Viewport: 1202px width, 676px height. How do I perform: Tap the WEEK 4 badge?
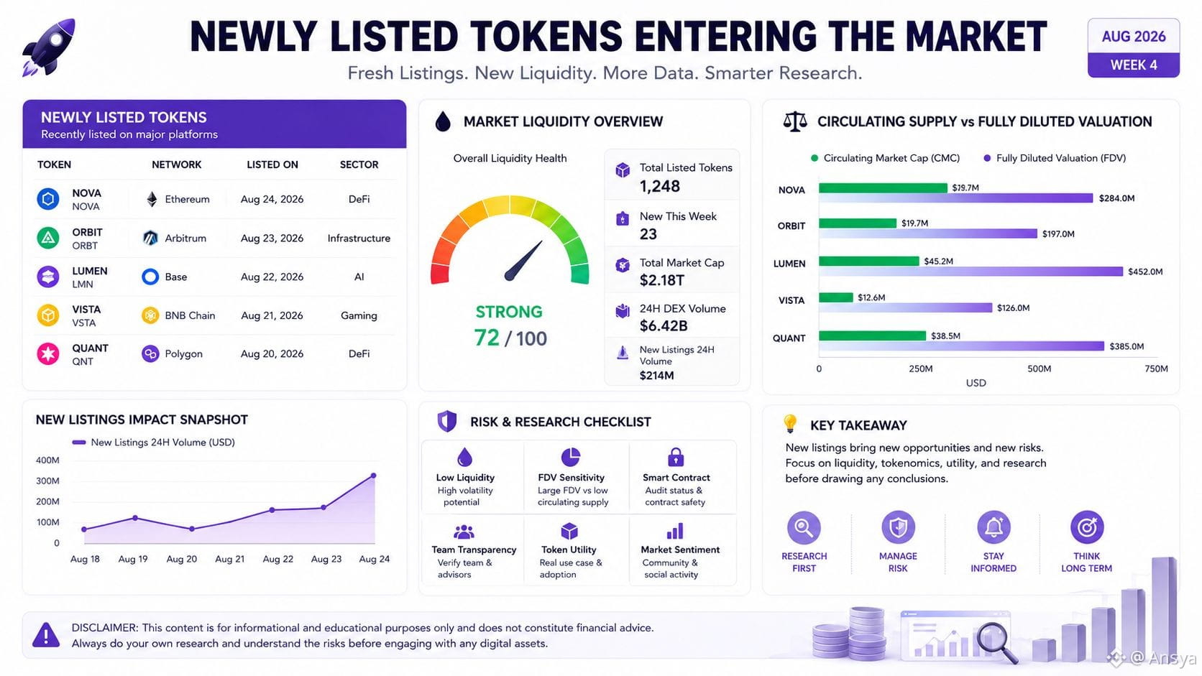tap(1133, 65)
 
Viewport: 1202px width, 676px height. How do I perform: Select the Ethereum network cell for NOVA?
tap(178, 199)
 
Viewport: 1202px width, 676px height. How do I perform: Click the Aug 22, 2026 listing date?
tap(272, 277)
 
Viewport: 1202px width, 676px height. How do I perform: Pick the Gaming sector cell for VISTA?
tap(359, 315)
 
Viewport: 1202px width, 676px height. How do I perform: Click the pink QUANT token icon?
tap(47, 354)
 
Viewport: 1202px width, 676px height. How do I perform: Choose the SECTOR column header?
tap(359, 165)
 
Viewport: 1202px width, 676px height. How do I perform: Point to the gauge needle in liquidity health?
tap(523, 261)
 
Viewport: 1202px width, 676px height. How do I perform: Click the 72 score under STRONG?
tap(487, 338)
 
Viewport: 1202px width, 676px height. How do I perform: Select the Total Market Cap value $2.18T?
tap(661, 280)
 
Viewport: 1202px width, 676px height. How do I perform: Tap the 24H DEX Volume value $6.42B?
tap(664, 325)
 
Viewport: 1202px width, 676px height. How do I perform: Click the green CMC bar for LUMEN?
tap(868, 261)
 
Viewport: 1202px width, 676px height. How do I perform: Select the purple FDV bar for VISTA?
tap(905, 307)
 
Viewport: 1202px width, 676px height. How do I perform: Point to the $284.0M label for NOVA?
tap(1116, 198)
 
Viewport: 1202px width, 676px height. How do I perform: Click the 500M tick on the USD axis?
tap(1039, 369)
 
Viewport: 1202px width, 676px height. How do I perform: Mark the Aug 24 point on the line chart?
tap(374, 476)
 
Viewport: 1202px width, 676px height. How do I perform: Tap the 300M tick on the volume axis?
tap(47, 481)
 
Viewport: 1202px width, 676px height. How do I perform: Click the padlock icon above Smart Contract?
tap(676, 458)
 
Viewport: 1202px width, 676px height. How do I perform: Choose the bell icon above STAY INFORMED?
tap(994, 527)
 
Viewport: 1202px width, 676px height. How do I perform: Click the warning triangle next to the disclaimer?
tap(46, 635)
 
